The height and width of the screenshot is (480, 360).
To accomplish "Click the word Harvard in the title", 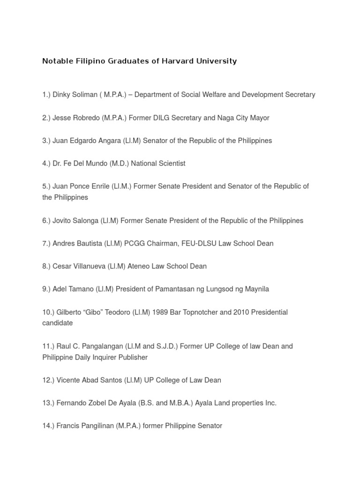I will [176, 61].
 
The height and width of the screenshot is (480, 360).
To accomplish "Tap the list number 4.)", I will [46, 164].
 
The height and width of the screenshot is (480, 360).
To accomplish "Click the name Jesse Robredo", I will [76, 118].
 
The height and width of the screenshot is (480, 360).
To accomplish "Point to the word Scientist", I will [170, 164].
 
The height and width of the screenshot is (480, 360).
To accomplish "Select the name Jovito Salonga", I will [75, 221].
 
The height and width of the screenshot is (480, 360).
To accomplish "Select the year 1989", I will [167, 312].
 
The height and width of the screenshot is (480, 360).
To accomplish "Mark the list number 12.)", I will [48, 380].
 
